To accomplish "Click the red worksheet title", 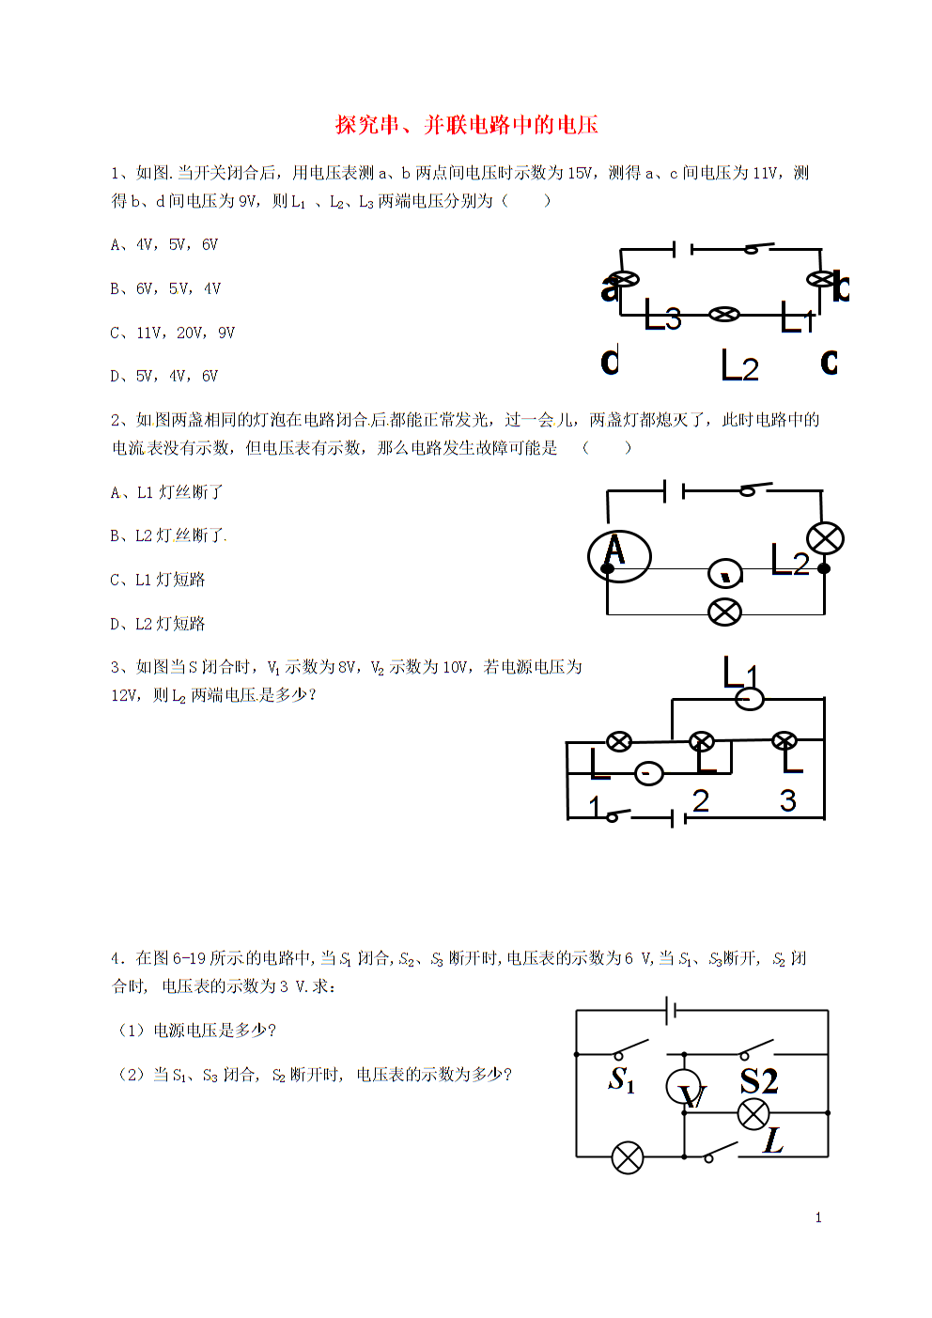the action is [x=467, y=125].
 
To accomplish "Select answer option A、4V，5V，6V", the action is [x=164, y=245].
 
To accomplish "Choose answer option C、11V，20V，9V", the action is [x=172, y=333].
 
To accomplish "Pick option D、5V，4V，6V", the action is [x=164, y=376].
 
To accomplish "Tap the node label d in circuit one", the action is [x=610, y=360].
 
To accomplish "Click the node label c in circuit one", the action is [x=829, y=362].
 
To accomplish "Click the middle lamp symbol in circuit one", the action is [x=724, y=314].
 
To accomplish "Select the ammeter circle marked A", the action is [x=619, y=556].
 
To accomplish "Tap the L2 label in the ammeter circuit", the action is [x=790, y=560].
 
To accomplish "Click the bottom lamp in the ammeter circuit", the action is [x=725, y=612].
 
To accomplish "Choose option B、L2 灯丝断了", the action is [x=167, y=535].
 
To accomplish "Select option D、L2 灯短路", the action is [x=158, y=624].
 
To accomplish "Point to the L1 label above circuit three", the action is [x=740, y=673].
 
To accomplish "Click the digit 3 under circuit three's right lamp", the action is [x=788, y=800].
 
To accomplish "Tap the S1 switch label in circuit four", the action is [x=622, y=1079].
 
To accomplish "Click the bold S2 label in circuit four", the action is [x=759, y=1080].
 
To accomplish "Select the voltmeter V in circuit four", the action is [x=684, y=1087].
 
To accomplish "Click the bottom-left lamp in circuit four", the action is [x=628, y=1158].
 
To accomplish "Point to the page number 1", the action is [x=818, y=1218].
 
